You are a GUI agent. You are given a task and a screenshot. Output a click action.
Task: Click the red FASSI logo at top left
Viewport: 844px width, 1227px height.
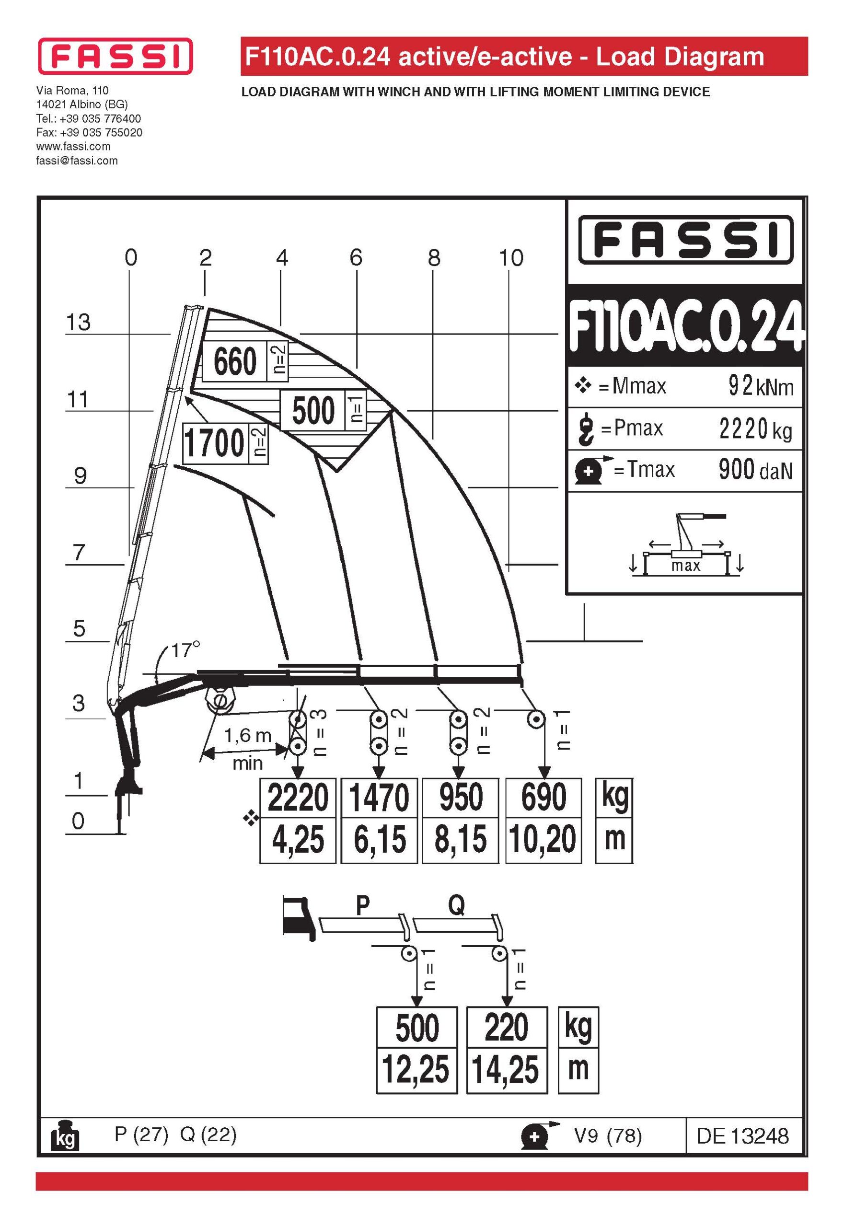115,56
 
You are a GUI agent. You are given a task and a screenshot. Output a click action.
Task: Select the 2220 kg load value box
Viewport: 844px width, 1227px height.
298,798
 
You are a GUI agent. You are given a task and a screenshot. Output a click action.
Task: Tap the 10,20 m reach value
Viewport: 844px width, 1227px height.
543,840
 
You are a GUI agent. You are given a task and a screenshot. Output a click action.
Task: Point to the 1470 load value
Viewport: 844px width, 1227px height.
379,798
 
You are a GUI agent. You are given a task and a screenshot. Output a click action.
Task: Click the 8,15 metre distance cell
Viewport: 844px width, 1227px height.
460,840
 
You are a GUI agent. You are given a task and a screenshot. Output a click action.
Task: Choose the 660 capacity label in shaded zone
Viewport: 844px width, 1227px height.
235,361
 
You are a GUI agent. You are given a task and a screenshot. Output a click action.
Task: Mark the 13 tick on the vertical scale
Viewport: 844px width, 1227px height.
78,322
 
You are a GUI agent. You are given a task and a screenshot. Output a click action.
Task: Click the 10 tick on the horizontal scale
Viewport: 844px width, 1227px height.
511,258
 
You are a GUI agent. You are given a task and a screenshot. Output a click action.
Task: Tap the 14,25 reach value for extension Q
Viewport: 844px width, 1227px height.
506,1070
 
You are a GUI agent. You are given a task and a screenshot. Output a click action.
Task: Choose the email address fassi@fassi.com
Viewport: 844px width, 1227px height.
77,161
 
